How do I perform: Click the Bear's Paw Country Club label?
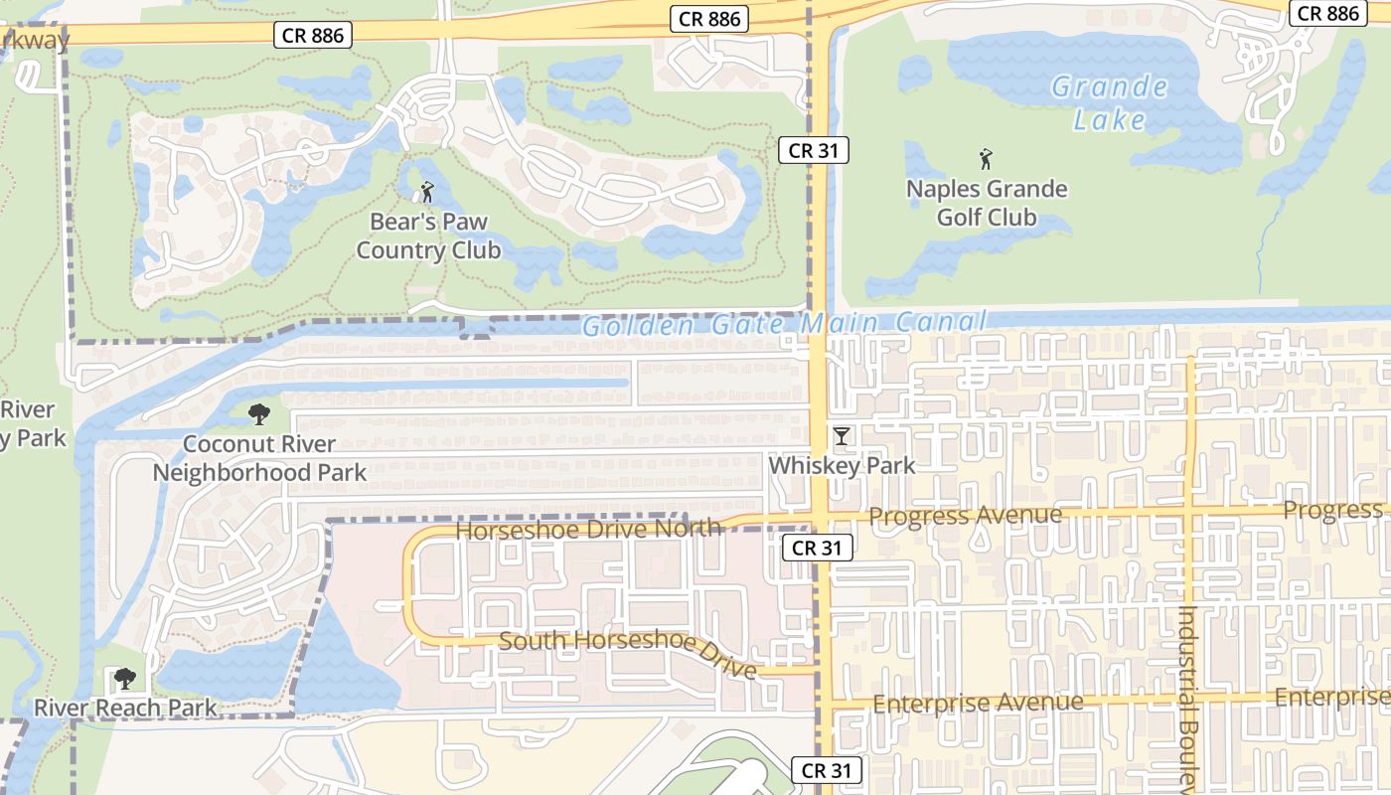(428, 236)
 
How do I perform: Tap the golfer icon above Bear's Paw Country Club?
(427, 191)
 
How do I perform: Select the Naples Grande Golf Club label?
(987, 203)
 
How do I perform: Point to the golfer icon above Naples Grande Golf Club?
(986, 158)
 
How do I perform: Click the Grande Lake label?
(1110, 103)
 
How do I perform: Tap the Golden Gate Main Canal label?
(784, 324)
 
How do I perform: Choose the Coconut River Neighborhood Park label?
(259, 458)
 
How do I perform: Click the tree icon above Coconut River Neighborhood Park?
(259, 414)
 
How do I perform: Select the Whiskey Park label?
(843, 465)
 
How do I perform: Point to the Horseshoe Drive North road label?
(587, 529)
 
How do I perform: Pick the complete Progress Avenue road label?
(966, 516)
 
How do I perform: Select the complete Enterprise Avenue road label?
(978, 704)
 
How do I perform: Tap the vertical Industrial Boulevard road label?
(1187, 696)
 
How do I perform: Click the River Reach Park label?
(125, 708)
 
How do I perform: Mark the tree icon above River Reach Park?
(124, 679)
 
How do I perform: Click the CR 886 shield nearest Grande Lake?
(1328, 13)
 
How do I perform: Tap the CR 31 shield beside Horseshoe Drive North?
(818, 548)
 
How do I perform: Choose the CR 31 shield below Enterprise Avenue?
(827, 770)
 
